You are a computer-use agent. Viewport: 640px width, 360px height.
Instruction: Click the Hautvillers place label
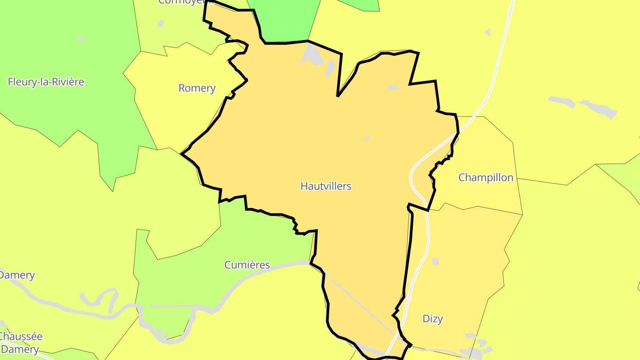326,186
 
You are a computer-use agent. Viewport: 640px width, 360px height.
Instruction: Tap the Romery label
197,88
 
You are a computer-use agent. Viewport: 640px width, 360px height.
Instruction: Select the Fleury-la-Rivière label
46,82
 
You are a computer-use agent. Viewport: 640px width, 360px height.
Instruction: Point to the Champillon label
486,178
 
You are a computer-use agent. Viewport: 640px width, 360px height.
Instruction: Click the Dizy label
432,319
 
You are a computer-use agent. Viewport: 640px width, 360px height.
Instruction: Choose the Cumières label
247,265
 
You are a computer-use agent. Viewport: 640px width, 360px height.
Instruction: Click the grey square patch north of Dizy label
436,261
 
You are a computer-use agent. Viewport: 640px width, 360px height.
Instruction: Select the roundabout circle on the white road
408,300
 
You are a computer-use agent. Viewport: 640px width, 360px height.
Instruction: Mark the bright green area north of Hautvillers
284,20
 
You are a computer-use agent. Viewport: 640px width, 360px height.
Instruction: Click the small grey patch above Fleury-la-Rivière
80,39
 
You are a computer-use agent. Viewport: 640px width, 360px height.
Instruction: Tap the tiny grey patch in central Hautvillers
368,138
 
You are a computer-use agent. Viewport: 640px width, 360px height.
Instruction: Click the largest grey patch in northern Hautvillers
313,55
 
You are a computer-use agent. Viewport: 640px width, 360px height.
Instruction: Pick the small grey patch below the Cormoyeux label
160,23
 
